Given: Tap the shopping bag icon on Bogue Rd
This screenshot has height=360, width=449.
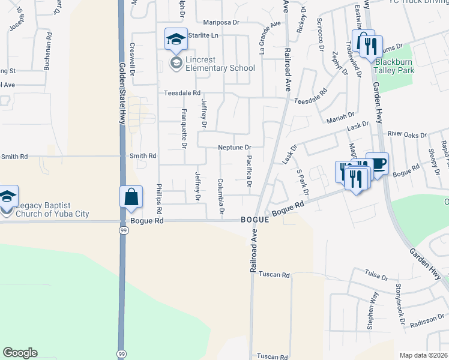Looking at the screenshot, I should pyautogui.click(x=131, y=197).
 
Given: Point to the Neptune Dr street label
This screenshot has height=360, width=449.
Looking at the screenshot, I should pyautogui.click(x=234, y=147).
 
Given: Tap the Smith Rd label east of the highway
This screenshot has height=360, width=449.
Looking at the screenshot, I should pyautogui.click(x=143, y=156).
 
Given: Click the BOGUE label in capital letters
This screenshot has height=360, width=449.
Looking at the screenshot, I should pyautogui.click(x=255, y=220).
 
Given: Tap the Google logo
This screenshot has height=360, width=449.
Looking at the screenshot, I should pyautogui.click(x=20, y=353).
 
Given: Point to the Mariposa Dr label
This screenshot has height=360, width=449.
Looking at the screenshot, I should pyautogui.click(x=221, y=22).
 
